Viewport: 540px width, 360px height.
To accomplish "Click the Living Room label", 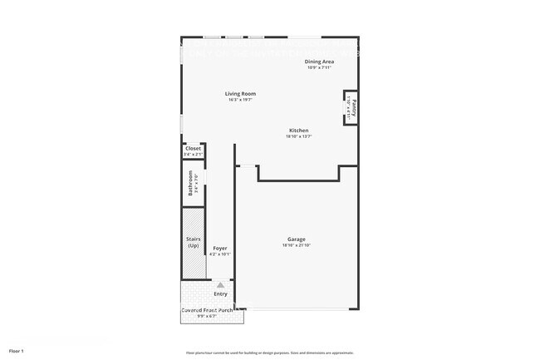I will tap(239, 94).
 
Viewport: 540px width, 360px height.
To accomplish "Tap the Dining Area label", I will tap(320, 61).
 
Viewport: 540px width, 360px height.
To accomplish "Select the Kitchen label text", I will tap(299, 131).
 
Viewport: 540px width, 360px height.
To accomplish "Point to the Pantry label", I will tap(353, 106).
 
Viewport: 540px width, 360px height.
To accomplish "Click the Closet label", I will tap(193, 148).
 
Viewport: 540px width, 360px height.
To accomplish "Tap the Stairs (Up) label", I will tap(194, 243).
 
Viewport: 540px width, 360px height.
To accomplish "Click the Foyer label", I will tap(220, 249).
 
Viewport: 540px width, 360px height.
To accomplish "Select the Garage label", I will tap(297, 239).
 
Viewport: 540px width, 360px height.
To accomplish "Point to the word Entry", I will tap(220, 293).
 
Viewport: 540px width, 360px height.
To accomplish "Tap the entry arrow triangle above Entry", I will tap(220, 284).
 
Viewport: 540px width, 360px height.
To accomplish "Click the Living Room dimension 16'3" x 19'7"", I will tap(239, 100).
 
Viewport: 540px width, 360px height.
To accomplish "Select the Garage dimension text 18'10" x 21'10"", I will tap(297, 245).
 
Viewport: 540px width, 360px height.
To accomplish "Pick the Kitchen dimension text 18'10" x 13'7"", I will tap(299, 136).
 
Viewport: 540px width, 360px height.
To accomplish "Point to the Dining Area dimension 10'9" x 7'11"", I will tap(320, 67).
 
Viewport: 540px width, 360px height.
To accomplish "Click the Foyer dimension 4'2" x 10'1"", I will tap(220, 254).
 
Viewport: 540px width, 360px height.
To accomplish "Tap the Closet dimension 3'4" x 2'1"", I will tap(193, 154).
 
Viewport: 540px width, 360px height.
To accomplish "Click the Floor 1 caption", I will tap(17, 352).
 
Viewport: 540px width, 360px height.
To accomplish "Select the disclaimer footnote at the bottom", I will tap(270, 353).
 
